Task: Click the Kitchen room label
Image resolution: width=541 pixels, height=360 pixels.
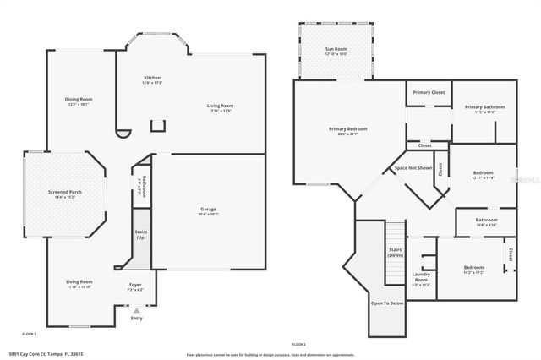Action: tap(152, 78)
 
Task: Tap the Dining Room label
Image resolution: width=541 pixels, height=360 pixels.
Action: tap(79, 100)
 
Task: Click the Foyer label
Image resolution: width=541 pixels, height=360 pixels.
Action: tap(135, 285)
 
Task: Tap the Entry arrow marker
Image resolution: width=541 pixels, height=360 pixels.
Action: tap(135, 311)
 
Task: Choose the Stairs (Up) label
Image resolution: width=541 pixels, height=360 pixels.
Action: tap(141, 234)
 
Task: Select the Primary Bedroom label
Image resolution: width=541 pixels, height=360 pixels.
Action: tap(347, 129)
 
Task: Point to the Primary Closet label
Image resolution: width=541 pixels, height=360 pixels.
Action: tap(429, 92)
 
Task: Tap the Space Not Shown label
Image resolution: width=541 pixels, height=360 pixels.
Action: tap(413, 168)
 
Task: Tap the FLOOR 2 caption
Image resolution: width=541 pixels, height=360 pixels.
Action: tap(298, 345)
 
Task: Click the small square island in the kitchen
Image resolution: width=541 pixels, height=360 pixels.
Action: tap(157, 126)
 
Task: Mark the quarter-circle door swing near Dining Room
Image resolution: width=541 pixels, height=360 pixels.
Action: tap(123, 133)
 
